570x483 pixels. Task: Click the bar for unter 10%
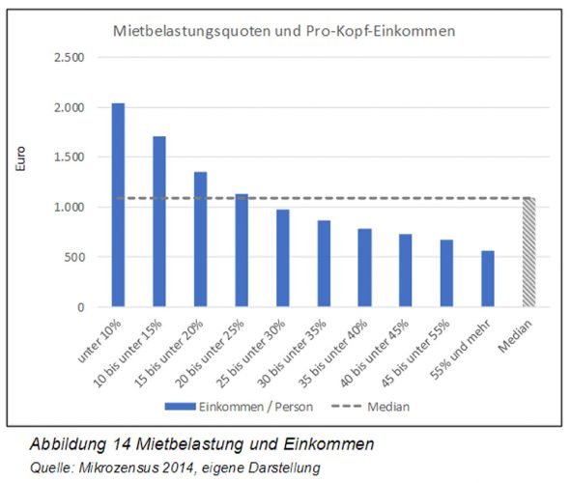(118, 205)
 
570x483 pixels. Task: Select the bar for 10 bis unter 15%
(159, 221)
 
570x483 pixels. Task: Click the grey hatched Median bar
(528, 252)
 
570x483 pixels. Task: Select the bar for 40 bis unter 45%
(406, 270)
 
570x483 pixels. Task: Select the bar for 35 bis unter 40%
(365, 268)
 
